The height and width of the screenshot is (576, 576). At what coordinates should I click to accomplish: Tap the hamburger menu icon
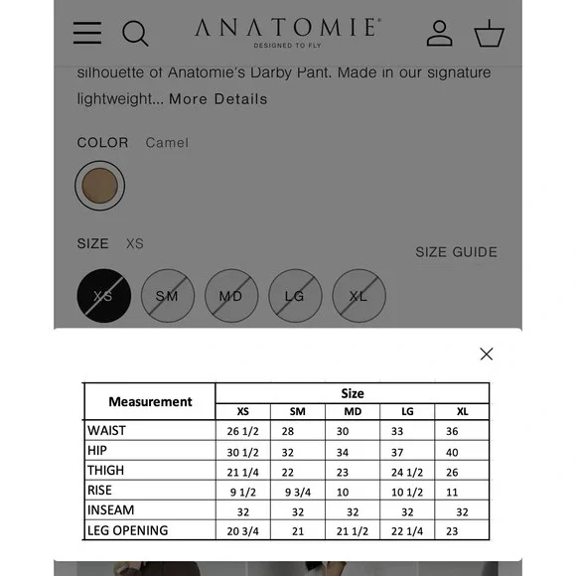click(x=87, y=33)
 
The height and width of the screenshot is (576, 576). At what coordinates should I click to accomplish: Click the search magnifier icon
click(x=135, y=34)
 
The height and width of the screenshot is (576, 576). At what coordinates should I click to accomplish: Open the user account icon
click(x=439, y=33)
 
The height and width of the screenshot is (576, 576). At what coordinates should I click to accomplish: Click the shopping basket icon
click(x=489, y=34)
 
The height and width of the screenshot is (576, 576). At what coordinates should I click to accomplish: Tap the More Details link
click(x=218, y=99)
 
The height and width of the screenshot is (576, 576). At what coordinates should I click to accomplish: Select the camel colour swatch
click(x=99, y=186)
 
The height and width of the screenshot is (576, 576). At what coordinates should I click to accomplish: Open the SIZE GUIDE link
click(x=456, y=252)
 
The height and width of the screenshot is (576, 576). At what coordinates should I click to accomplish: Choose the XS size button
click(x=103, y=296)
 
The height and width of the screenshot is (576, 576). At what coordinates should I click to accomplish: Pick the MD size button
click(x=230, y=296)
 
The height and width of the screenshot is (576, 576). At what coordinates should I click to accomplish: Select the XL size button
click(x=358, y=296)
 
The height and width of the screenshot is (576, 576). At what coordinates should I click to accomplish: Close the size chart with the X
click(x=486, y=354)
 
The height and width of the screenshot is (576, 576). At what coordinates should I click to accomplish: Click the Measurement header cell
click(x=150, y=401)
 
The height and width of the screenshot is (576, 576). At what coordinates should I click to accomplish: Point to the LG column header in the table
click(x=407, y=412)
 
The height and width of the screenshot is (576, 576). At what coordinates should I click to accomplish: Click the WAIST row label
click(x=107, y=431)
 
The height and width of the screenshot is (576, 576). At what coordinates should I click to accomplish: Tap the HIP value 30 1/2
click(x=242, y=452)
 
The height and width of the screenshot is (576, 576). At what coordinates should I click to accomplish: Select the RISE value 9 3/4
click(x=298, y=492)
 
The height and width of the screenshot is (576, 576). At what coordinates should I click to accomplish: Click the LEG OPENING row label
click(x=128, y=530)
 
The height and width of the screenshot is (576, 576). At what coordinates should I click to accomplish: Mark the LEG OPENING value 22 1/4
click(x=407, y=531)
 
